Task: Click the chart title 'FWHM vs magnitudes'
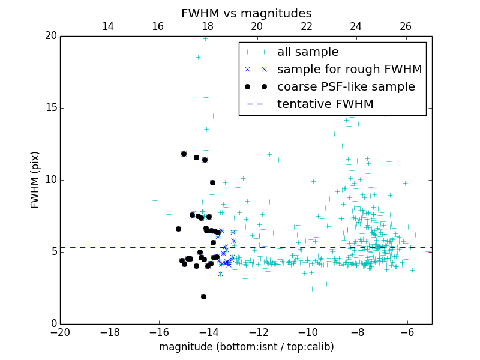(x=246, y=13)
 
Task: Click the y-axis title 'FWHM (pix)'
(x=35, y=179)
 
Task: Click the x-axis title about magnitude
(x=246, y=347)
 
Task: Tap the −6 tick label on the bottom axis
(x=407, y=332)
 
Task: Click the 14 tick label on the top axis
(x=108, y=26)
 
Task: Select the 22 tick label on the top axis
(x=307, y=26)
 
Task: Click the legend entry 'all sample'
(x=307, y=52)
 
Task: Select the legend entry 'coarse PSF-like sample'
(x=346, y=87)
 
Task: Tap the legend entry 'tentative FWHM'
(x=325, y=104)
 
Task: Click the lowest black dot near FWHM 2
(x=203, y=296)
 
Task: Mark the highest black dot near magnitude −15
(x=184, y=154)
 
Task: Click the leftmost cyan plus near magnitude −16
(x=155, y=200)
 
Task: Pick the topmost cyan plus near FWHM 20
(x=205, y=38)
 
